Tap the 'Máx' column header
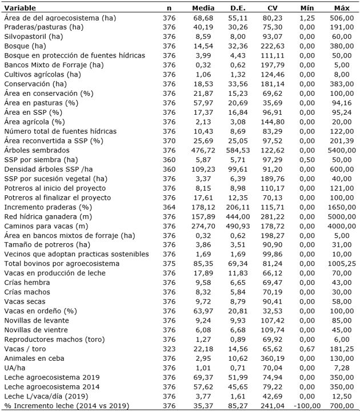click(x=342, y=9)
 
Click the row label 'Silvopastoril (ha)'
click(x=34, y=37)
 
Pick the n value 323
click(x=169, y=349)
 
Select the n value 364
click(x=169, y=207)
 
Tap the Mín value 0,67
click(x=307, y=349)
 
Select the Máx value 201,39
click(x=342, y=140)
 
